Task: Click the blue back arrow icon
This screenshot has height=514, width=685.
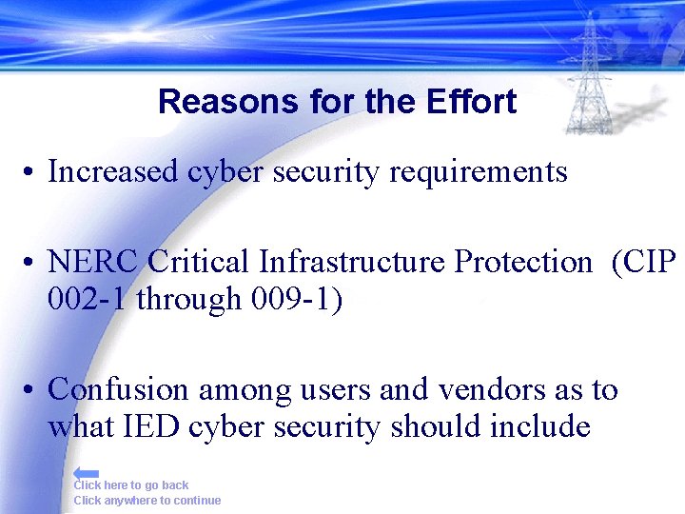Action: tap(87, 472)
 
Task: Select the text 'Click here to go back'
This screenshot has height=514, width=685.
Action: tap(131, 485)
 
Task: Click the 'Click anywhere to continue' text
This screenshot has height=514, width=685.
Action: tap(147, 501)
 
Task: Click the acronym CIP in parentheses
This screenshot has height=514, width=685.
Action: tap(650, 262)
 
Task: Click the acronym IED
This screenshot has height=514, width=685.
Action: tap(151, 427)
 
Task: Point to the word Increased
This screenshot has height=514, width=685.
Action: tap(113, 172)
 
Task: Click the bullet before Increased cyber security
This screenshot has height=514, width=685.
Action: tap(31, 174)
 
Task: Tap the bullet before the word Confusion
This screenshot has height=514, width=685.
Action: tap(31, 391)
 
